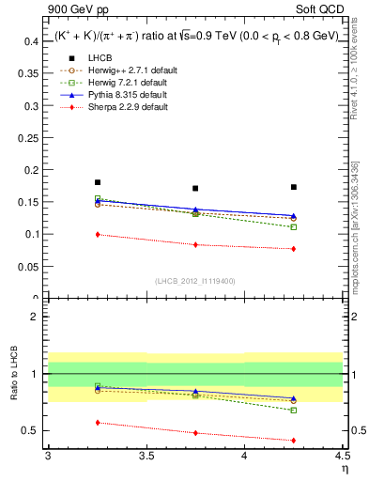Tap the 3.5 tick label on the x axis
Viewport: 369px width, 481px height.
coord(146,456)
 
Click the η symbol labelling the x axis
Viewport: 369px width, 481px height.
coord(344,468)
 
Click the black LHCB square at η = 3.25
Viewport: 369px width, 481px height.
coord(97,182)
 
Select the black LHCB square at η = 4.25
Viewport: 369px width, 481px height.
coord(294,187)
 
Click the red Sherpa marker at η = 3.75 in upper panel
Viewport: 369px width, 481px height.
coord(195,244)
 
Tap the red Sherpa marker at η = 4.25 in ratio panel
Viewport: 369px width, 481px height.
coord(294,440)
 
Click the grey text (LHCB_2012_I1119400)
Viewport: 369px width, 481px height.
coord(195,281)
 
